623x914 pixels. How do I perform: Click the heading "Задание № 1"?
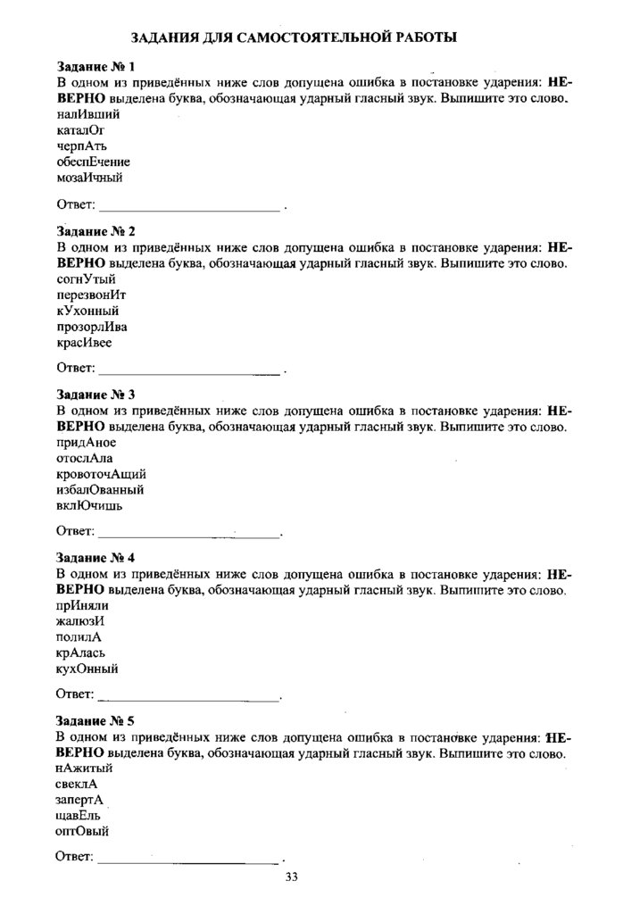(x=96, y=67)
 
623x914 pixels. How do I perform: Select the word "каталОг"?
(x=80, y=130)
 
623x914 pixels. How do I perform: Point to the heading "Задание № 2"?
(x=96, y=231)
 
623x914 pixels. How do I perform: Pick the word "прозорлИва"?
(x=92, y=326)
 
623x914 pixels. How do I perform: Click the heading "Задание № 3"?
(x=96, y=394)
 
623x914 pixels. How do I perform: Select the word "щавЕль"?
(x=78, y=815)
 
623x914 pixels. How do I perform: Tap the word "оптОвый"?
(x=82, y=831)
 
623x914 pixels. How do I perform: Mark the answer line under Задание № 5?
(x=188, y=860)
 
